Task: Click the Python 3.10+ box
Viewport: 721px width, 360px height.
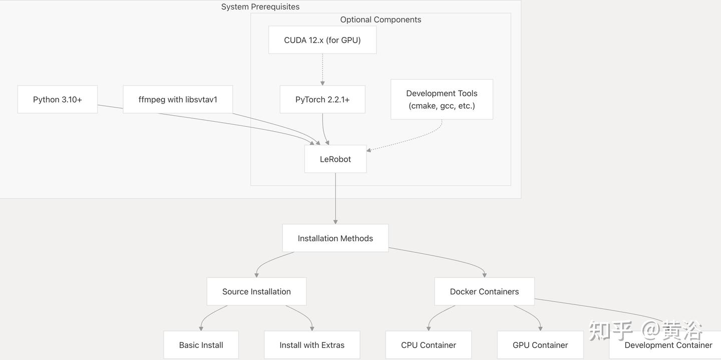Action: pos(57,99)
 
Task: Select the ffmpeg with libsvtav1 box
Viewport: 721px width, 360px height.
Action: pos(178,99)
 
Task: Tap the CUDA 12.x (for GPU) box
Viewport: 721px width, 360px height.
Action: pos(322,40)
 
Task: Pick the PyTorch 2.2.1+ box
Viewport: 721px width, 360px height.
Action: pos(322,99)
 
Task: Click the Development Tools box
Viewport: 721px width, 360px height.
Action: pos(442,99)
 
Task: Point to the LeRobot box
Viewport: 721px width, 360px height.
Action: pos(335,159)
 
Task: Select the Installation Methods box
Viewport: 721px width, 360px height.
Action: pos(335,238)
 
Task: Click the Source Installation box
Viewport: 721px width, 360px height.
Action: pos(256,291)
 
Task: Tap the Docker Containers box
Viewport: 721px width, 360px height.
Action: pos(485,291)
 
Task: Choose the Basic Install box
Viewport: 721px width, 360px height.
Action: pos(201,345)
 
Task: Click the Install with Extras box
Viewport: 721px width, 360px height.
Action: pos(312,345)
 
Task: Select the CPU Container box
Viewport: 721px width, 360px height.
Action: pos(429,345)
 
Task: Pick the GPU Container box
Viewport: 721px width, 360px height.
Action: pos(540,345)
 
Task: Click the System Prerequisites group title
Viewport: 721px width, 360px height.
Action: pos(260,7)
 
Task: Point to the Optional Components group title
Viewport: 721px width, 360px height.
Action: pos(381,20)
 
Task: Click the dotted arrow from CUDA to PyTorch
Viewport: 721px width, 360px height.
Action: pos(322,70)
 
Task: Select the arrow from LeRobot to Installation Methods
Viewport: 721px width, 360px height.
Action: pos(335,198)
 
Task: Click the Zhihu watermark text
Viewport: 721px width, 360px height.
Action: pos(645,330)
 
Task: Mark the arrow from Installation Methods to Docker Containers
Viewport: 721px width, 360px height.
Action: pos(444,257)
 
